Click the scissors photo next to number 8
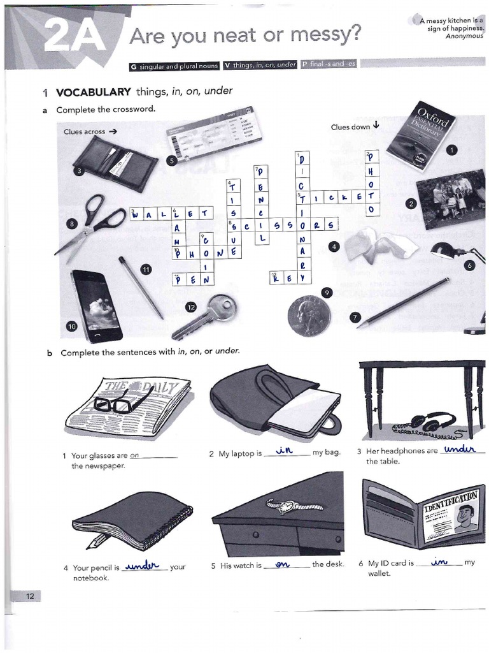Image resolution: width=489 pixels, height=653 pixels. pyautogui.click(x=92, y=226)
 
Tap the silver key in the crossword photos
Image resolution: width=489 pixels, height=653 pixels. pyautogui.click(x=207, y=316)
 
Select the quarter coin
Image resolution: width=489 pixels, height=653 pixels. pyautogui.click(x=309, y=315)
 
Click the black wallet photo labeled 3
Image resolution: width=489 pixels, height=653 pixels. pyautogui.click(x=115, y=162)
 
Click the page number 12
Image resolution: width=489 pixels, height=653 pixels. pyautogui.click(x=29, y=596)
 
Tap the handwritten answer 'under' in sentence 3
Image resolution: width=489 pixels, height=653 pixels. pyautogui.click(x=460, y=449)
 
